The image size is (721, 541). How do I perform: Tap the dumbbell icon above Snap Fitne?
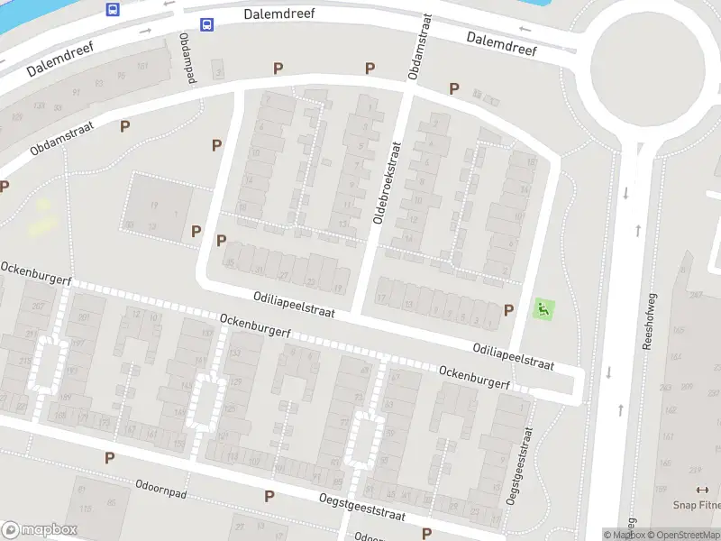click(x=702, y=490)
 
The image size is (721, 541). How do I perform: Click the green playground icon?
click(x=543, y=308)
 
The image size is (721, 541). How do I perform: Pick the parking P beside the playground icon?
click(x=508, y=309)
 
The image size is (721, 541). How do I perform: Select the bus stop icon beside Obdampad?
click(x=207, y=25)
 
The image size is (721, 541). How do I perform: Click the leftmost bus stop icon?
click(x=113, y=9)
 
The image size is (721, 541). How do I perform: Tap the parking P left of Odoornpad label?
click(x=109, y=457)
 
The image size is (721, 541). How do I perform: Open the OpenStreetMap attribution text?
click(x=681, y=535)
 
